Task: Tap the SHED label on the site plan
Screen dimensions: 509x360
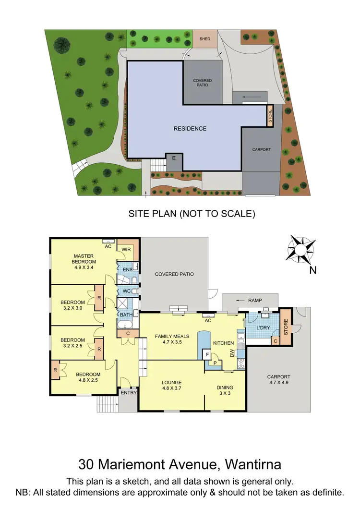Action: point(205,39)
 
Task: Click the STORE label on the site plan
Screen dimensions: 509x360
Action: point(270,117)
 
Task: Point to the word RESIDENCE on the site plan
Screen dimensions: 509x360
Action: point(190,129)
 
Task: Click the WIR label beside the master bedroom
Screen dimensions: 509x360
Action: point(127,250)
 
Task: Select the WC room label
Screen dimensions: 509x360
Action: point(126,291)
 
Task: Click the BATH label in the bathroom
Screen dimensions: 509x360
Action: point(126,315)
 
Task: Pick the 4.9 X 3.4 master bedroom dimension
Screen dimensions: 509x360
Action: point(84,268)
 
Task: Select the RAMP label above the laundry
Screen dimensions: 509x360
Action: point(255,301)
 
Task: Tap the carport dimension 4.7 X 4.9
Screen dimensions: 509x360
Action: point(279,383)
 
